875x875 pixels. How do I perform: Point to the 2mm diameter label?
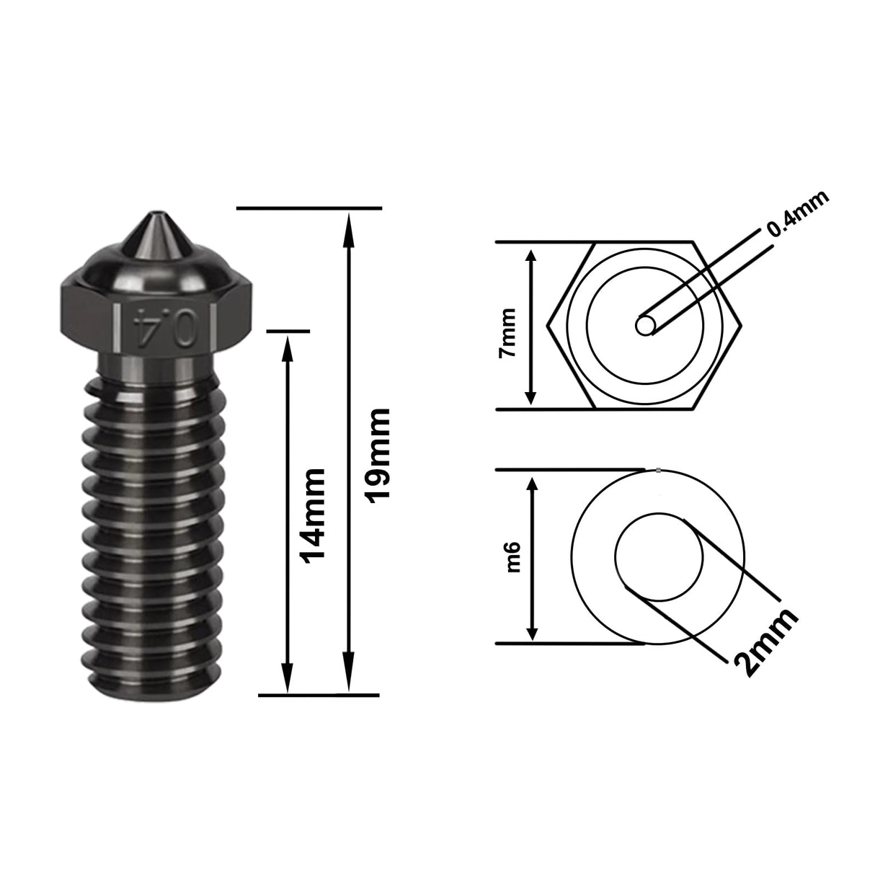pyautogui.click(x=765, y=641)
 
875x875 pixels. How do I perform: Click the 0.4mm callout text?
pyautogui.click(x=797, y=214)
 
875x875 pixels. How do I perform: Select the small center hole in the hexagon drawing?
pyautogui.click(x=645, y=326)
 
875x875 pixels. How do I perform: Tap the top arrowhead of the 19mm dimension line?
pyautogui.click(x=350, y=221)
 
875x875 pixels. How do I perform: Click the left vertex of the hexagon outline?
pyautogui.click(x=548, y=326)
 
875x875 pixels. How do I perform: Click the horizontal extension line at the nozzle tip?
pyautogui.click(x=308, y=209)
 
